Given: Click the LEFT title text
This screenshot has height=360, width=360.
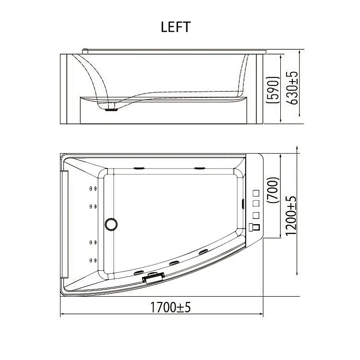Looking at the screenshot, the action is [176, 27].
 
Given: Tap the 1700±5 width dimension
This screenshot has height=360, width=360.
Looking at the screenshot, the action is [170, 307].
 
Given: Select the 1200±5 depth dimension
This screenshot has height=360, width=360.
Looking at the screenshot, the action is [291, 216].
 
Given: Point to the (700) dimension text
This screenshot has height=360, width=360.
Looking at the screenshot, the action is [274, 190].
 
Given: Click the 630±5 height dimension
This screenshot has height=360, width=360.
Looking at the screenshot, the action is [292, 88].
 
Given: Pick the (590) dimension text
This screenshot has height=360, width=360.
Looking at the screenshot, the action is [273, 90].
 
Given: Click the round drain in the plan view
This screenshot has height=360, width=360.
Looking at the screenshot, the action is [111, 224].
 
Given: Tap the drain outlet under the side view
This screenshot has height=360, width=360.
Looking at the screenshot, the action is [111, 109].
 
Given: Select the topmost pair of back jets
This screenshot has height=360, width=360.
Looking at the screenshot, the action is [93, 189].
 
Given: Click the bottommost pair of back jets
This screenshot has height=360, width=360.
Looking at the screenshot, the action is [93, 260].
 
